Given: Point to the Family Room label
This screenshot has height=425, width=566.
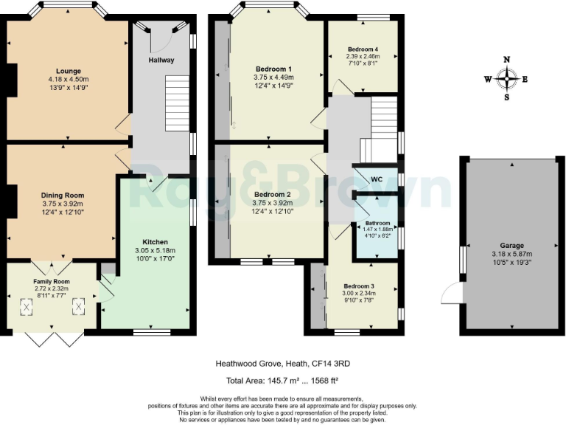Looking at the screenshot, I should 51,281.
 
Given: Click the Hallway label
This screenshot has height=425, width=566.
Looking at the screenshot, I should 161,60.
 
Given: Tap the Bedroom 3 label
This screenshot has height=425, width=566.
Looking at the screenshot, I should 362,286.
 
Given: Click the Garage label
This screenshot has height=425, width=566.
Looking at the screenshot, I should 511,246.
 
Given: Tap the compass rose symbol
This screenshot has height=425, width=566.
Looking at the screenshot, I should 507,77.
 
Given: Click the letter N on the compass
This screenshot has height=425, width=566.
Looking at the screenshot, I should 507,60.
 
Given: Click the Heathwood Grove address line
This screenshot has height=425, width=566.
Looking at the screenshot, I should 282,363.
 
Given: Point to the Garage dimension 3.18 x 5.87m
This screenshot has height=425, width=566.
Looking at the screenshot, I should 511,254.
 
